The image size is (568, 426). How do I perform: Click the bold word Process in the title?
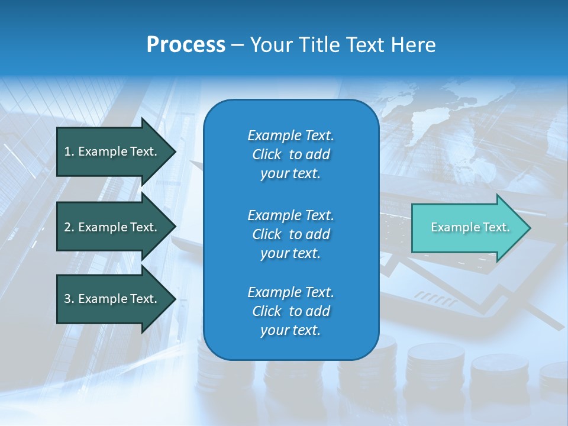(186, 45)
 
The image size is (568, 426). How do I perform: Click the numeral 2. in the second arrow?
(69, 227)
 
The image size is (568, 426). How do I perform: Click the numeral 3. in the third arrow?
(69, 299)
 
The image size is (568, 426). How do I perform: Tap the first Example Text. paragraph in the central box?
(291, 154)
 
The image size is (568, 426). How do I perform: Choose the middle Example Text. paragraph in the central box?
(291, 234)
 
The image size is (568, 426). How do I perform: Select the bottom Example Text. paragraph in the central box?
(291, 311)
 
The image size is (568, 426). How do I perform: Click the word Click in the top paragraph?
(266, 154)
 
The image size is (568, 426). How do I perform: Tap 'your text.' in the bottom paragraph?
(291, 330)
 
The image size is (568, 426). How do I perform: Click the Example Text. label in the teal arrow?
(470, 227)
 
